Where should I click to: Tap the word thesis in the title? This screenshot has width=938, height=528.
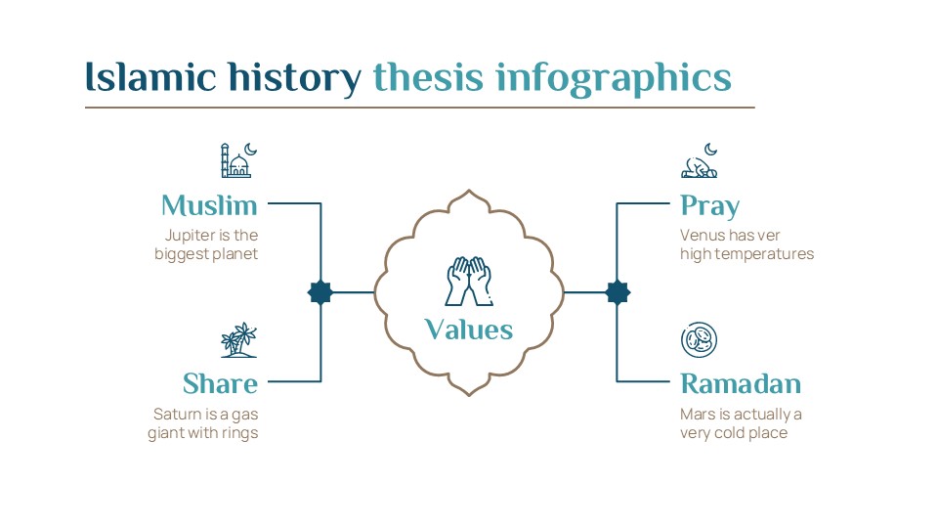pyautogui.click(x=427, y=77)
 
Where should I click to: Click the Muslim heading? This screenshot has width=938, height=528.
pyautogui.click(x=209, y=205)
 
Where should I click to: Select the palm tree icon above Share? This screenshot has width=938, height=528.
pyautogui.click(x=238, y=340)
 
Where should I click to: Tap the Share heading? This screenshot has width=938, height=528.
pyautogui.click(x=220, y=383)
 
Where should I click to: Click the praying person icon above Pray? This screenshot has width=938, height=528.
pyautogui.click(x=700, y=161)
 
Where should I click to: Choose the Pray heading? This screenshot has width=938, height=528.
pyautogui.click(x=709, y=206)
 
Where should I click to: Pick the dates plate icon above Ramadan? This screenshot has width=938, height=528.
pyautogui.click(x=699, y=340)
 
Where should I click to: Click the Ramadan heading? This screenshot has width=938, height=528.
pyautogui.click(x=741, y=383)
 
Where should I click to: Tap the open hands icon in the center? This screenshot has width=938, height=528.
pyautogui.click(x=468, y=282)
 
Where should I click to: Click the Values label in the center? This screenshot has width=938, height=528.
pyautogui.click(x=468, y=330)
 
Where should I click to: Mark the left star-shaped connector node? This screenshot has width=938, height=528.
pyautogui.click(x=320, y=292)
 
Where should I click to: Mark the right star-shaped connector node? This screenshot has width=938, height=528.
pyautogui.click(x=617, y=292)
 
